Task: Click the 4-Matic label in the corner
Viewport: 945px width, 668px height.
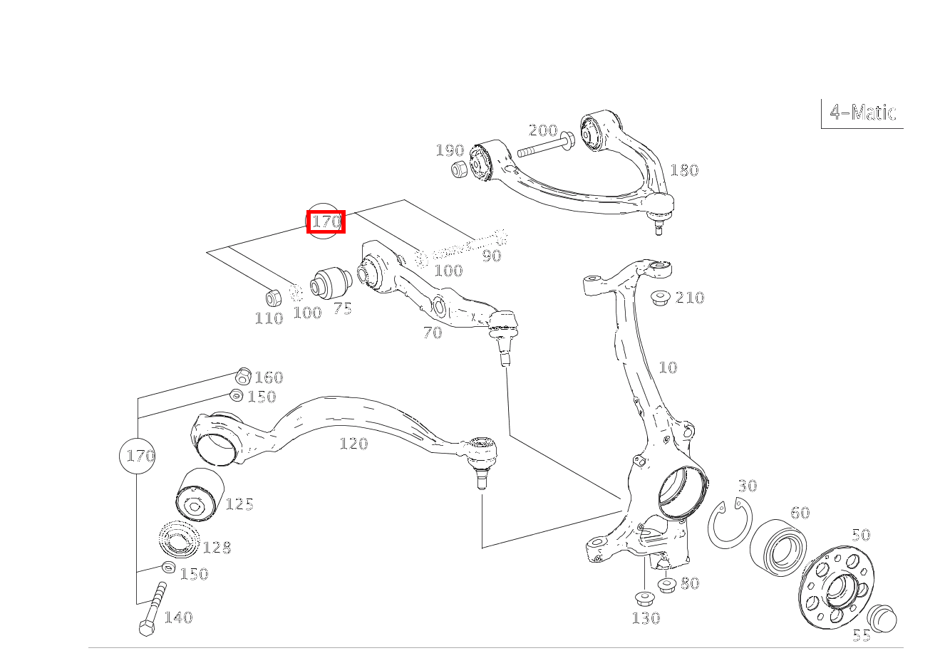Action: pos(862,113)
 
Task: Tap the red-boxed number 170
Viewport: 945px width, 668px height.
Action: pos(326,221)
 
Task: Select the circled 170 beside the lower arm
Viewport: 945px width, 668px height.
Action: pos(140,455)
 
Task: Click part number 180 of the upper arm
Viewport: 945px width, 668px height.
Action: pos(684,170)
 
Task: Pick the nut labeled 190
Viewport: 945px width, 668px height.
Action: pos(460,169)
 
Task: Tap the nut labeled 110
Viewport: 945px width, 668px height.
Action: pos(273,297)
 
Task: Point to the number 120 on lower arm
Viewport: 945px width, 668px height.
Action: pos(353,444)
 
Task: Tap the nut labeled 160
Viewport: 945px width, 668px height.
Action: pos(243,375)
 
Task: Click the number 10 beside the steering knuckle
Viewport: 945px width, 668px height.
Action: pos(668,367)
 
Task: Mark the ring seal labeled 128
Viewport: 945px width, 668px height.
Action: pos(179,540)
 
